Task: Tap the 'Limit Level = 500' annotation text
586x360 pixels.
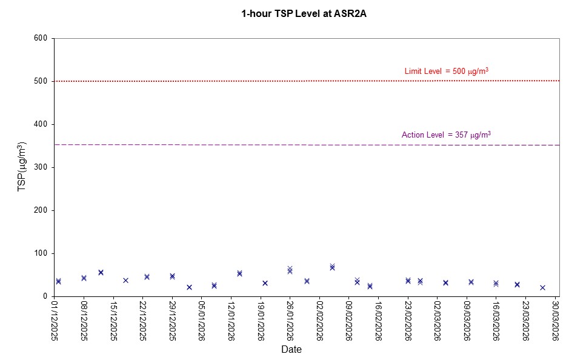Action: coord(446,72)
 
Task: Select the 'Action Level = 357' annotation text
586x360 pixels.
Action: coord(446,135)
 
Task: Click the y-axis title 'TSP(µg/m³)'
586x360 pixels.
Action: coord(22,167)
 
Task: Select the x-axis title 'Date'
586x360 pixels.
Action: coord(291,350)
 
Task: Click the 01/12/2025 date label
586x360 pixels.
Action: coord(55,321)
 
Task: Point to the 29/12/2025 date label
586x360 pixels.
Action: coord(173,321)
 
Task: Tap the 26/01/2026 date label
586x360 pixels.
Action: coord(290,321)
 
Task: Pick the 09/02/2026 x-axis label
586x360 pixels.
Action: coord(349,321)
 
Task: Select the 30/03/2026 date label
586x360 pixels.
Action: coord(555,321)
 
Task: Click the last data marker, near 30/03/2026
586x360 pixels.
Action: coord(542,288)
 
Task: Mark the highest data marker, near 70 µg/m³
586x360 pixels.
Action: coord(332,267)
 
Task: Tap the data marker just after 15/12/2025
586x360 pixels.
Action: coord(125,280)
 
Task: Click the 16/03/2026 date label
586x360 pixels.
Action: coord(496,321)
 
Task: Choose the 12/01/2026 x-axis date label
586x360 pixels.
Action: coord(231,321)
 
